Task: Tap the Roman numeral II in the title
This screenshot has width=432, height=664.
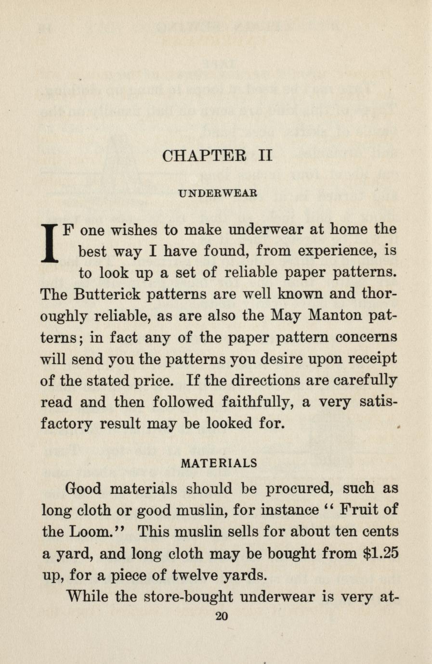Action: pos(265,156)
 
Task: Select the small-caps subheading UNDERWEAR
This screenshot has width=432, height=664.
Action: pos(218,194)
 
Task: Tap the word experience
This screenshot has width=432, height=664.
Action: pos(336,251)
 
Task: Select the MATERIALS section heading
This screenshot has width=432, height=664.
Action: pos(219,463)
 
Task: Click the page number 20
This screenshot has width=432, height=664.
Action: pos(222,617)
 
